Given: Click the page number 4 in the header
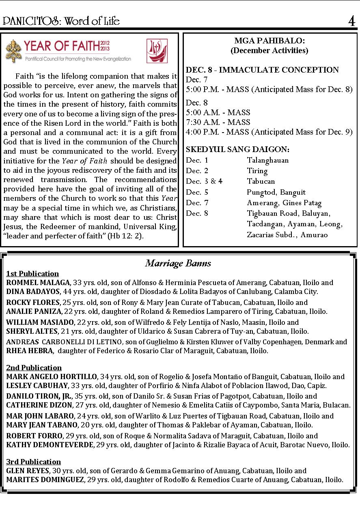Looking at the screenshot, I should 351,21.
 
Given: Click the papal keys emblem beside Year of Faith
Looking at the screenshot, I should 13,51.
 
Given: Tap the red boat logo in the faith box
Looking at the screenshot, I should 157,51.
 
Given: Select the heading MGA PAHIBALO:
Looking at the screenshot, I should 269,41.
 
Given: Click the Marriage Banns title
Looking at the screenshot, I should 178,264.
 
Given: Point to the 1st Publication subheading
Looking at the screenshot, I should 32,274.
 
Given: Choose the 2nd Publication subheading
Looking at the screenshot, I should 34,368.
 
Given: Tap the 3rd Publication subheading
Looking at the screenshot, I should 33,462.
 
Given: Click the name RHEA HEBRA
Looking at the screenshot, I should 29,351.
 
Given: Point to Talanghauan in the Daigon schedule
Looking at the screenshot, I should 268,160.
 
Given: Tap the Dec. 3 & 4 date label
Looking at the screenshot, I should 204,181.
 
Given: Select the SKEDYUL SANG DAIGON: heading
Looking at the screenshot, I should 237,150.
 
